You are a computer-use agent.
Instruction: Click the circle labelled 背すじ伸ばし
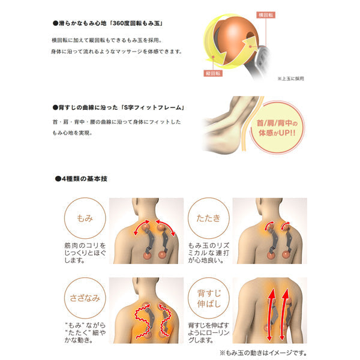[206, 296]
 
